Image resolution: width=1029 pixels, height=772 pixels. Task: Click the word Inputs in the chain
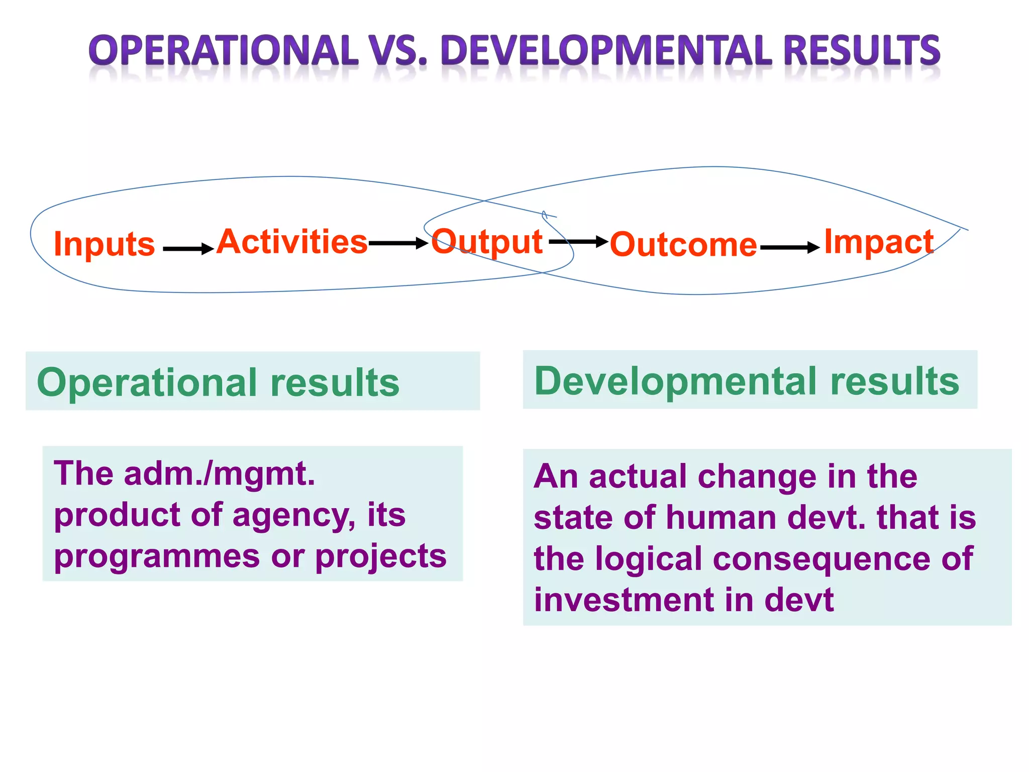tap(104, 244)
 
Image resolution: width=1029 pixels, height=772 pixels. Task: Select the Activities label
tap(292, 242)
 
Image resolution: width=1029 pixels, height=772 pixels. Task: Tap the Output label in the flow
tap(487, 242)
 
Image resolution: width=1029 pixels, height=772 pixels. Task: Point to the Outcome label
tap(683, 245)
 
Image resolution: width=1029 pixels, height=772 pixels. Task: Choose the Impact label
tap(879, 242)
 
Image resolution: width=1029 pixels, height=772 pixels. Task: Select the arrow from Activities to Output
tap(398, 244)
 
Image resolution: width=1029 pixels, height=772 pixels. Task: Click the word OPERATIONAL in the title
tap(224, 51)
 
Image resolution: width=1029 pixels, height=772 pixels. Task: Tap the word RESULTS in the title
tap(861, 51)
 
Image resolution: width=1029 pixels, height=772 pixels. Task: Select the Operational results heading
tap(218, 382)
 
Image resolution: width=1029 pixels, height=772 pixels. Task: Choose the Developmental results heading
tap(747, 381)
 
